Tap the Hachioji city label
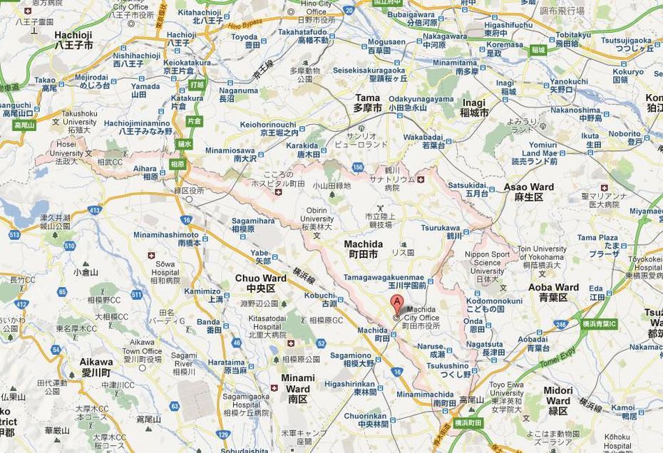point(74,39)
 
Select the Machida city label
point(363,249)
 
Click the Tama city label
point(368,102)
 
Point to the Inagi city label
point(474,107)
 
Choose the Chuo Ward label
point(259,283)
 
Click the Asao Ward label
point(528,192)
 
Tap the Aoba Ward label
point(553,292)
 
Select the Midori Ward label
point(558,395)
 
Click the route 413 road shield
point(94,210)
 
